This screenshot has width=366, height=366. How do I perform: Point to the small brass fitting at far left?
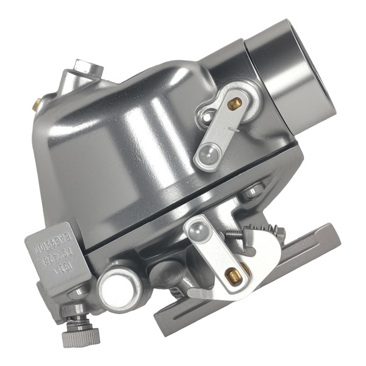[36, 105]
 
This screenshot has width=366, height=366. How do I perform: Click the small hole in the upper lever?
[209, 115]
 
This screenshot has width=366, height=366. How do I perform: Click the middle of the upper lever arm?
[220, 129]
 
